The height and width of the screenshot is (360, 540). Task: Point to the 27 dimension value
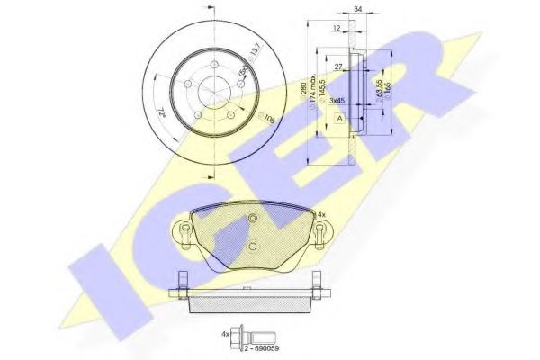coord(337,67)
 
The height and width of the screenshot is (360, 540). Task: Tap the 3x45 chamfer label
coord(338,101)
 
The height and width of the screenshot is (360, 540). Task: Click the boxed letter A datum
coord(337,118)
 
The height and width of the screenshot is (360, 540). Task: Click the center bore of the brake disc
coord(212,92)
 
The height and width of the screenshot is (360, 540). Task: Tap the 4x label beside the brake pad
coord(322,215)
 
